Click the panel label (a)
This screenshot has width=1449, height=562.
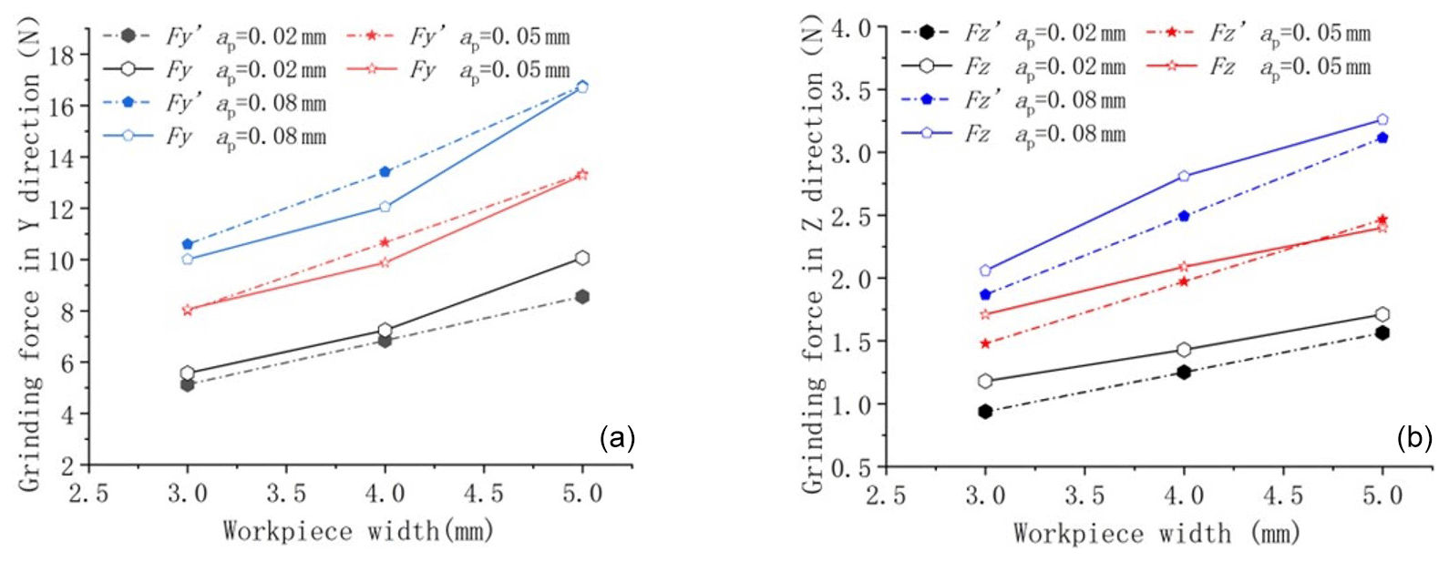(x=617, y=439)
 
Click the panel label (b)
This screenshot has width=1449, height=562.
(x=1414, y=439)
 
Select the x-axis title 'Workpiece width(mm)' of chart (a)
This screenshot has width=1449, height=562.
(x=357, y=530)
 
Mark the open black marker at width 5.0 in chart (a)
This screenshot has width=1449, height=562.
(x=582, y=259)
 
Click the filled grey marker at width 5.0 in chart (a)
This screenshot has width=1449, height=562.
(x=582, y=297)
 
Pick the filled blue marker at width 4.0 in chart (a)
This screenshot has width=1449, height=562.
(x=385, y=172)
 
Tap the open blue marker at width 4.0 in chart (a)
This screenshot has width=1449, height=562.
(x=385, y=207)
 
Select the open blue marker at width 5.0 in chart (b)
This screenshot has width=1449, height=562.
(x=1382, y=120)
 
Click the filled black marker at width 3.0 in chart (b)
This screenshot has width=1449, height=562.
(x=985, y=412)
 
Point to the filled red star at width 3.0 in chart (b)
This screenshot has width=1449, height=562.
(x=985, y=343)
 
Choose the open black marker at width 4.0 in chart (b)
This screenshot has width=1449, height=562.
(x=1184, y=350)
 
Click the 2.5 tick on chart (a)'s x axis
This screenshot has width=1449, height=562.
(x=88, y=494)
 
